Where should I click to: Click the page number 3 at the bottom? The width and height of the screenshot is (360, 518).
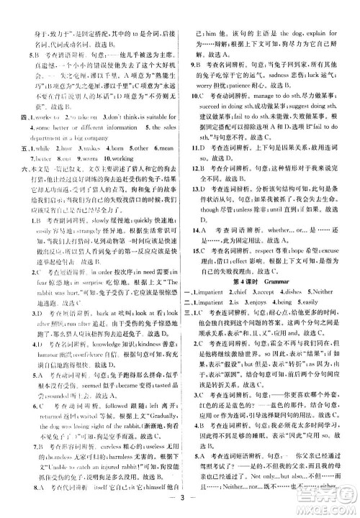[181, 501]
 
